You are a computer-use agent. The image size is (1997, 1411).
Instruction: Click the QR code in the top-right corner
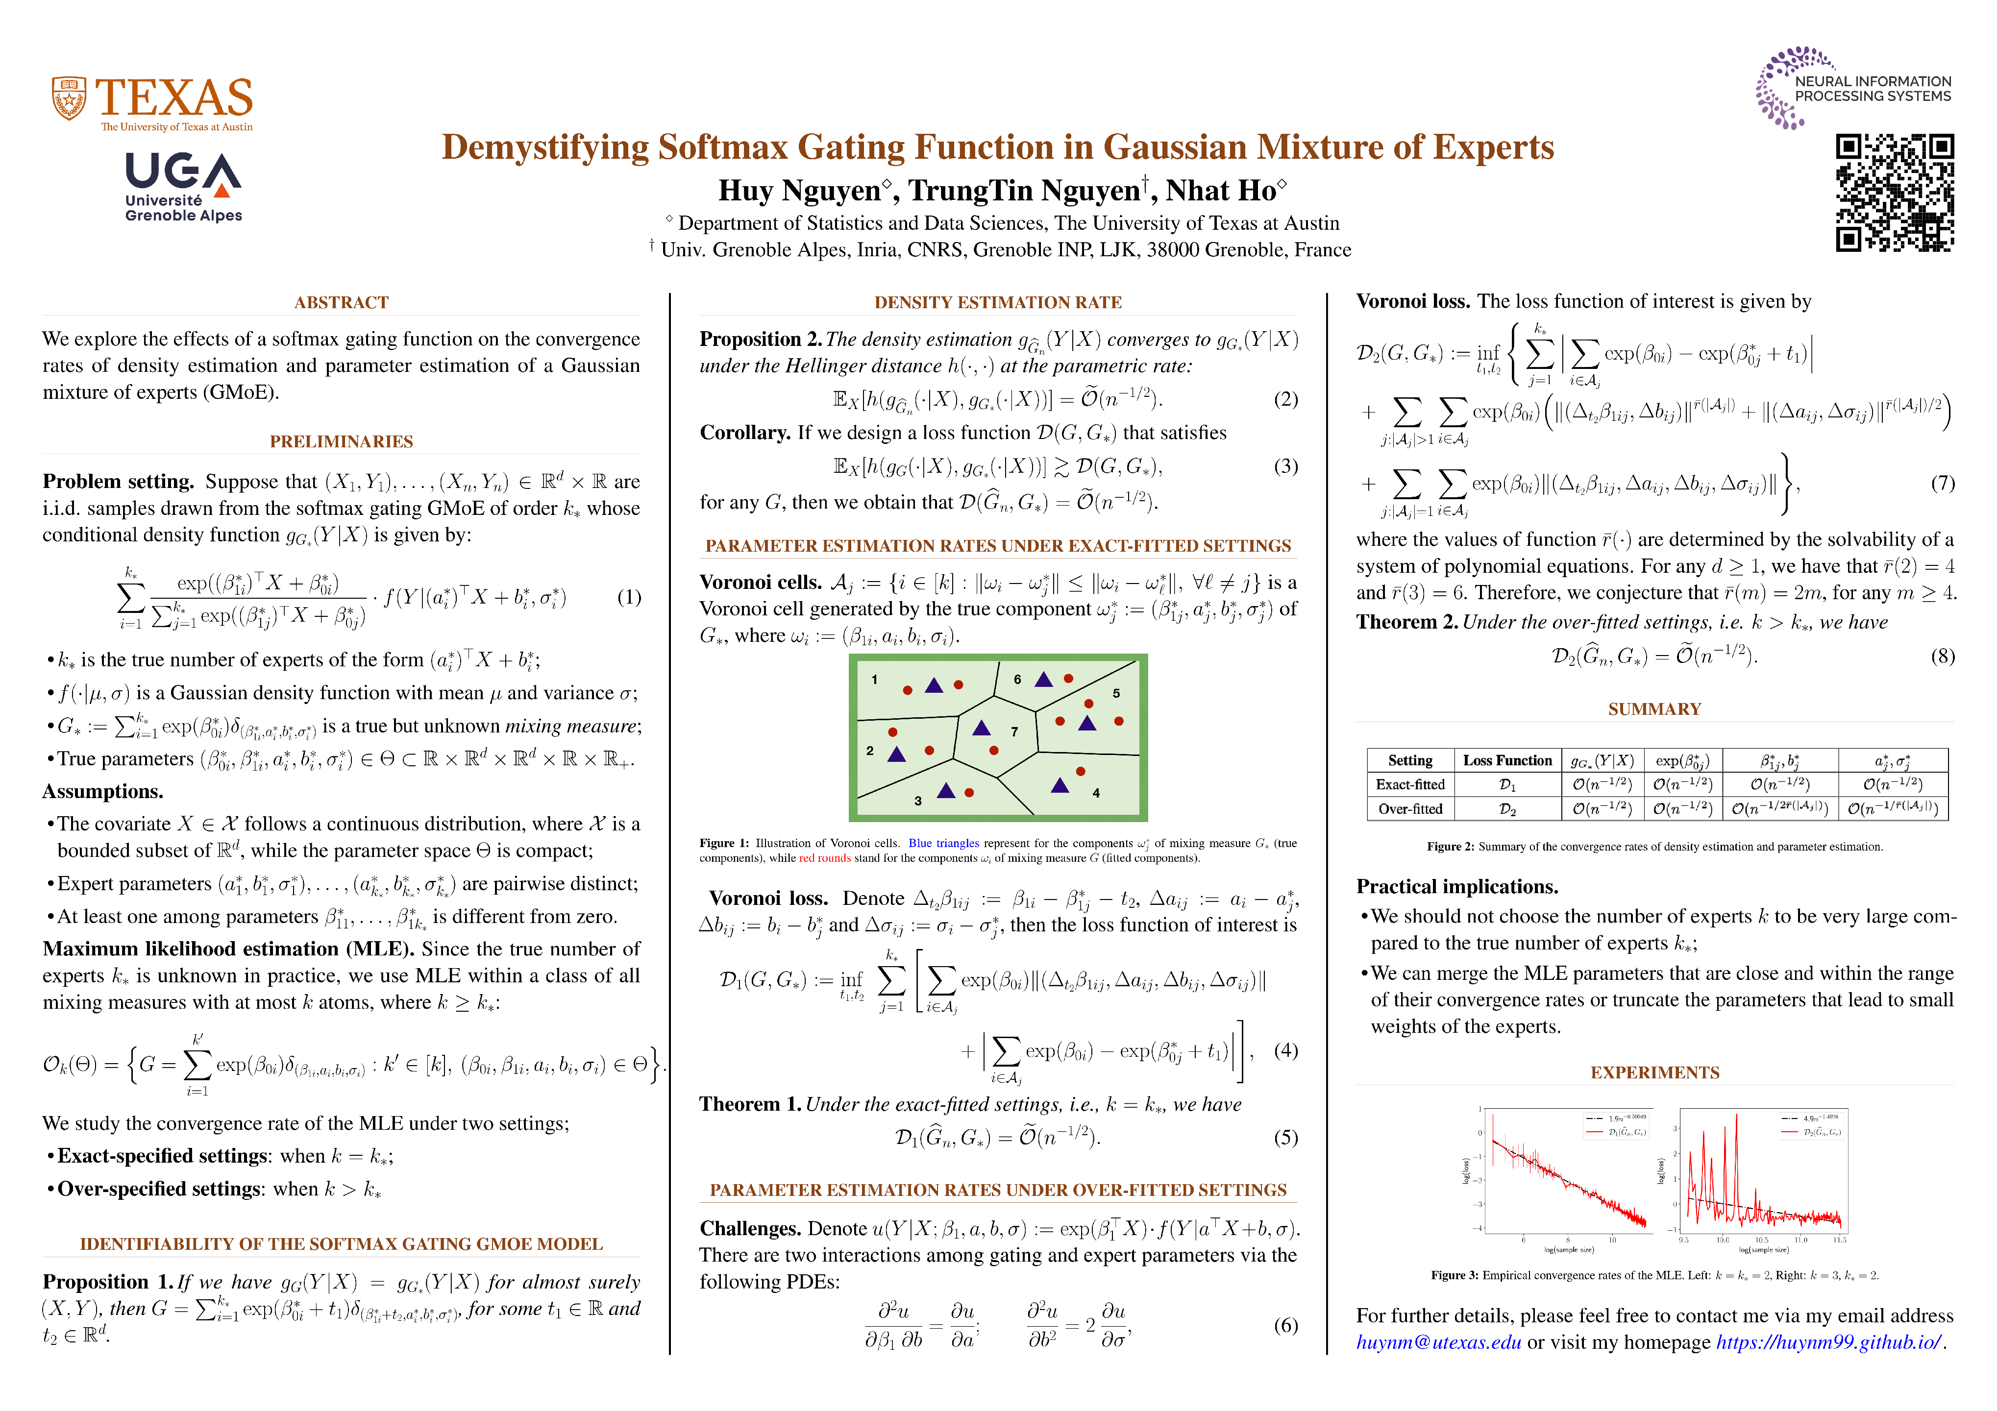coord(1895,193)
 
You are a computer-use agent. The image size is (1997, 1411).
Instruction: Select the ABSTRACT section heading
coord(341,303)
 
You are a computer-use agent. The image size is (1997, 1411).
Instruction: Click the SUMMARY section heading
coord(1654,709)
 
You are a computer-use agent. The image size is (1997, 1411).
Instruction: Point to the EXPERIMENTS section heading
coord(1654,1073)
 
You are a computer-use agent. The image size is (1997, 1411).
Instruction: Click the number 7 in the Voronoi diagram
coord(1014,732)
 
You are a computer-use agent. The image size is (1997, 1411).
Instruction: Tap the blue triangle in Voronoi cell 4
coord(1060,786)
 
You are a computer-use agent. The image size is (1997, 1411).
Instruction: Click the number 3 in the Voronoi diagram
coord(917,801)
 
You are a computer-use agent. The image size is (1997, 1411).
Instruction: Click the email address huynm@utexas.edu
coord(1439,1342)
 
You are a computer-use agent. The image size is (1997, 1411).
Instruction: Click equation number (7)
coord(1942,484)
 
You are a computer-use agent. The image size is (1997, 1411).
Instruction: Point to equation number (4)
coord(1285,1050)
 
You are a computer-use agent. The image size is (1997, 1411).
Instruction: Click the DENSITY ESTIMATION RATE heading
coord(998,303)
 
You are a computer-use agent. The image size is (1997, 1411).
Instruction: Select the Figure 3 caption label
coord(1455,1275)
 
